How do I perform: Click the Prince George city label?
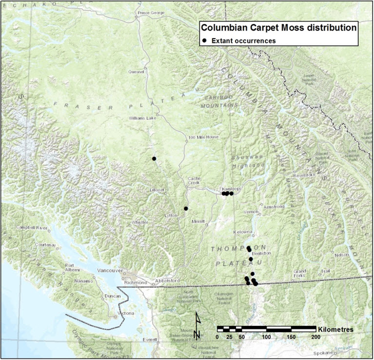tap(151, 13)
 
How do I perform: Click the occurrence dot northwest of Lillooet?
tap(154, 159)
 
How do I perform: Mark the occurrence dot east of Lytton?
tap(186, 209)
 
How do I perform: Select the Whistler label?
tap(140, 222)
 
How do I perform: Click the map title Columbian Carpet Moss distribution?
tap(279, 27)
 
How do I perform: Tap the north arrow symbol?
tap(197, 325)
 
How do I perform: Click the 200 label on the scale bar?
tap(315, 337)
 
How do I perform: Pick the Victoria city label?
tap(126, 313)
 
